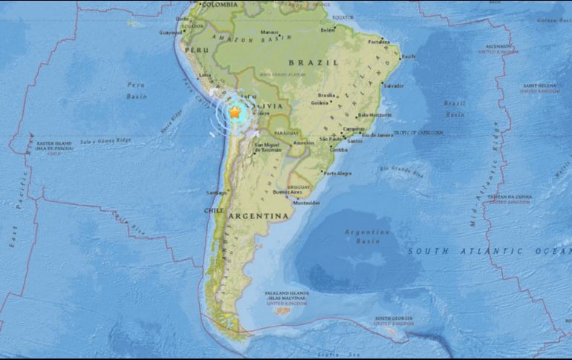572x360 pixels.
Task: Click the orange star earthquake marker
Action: (x=235, y=113)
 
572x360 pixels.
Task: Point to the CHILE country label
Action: (x=213, y=210)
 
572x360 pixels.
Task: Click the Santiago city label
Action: (x=216, y=192)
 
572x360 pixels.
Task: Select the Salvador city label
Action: (x=394, y=86)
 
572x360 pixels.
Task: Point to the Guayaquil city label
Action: (x=172, y=33)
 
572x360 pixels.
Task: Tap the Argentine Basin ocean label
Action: (x=366, y=237)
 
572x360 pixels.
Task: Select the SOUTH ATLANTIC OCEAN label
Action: (x=490, y=252)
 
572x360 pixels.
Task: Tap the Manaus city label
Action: (x=269, y=32)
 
